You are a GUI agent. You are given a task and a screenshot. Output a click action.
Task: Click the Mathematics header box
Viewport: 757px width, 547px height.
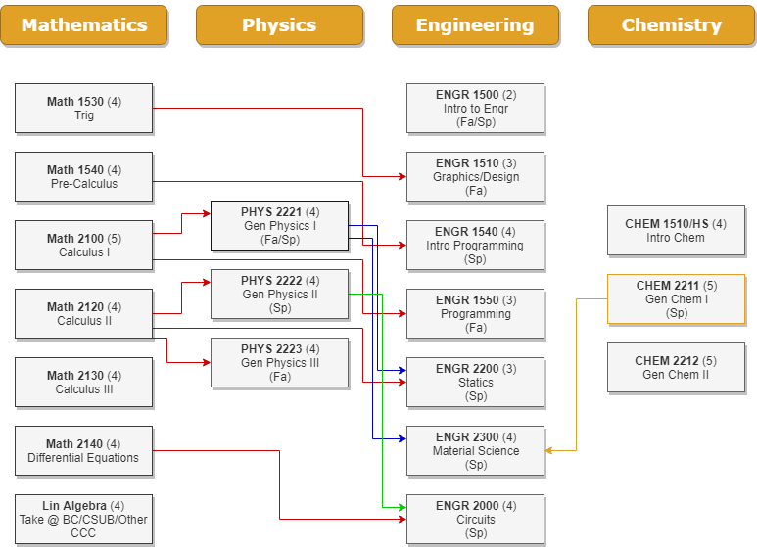84,25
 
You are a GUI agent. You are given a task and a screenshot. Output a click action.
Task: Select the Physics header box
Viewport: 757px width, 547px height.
279,25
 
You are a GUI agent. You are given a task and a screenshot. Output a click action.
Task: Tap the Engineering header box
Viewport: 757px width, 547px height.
475,25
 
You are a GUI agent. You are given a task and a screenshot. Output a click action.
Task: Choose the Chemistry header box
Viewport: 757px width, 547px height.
671,25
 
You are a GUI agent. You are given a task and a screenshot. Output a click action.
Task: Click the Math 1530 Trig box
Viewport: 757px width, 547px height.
84,108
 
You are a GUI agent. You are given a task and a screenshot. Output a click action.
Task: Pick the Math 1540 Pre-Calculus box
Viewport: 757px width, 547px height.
84,176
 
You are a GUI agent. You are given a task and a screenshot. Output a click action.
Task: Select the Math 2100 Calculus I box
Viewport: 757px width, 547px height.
84,245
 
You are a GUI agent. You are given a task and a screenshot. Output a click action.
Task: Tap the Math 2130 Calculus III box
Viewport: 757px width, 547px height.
84,382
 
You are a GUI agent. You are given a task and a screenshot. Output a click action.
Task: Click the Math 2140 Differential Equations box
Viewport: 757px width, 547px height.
84,450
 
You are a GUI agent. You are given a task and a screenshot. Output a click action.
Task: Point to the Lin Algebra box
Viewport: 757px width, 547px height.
84,519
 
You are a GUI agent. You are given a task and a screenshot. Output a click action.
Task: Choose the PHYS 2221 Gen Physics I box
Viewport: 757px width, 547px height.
280,225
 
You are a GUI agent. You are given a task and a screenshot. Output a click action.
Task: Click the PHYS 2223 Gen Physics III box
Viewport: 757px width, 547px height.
280,362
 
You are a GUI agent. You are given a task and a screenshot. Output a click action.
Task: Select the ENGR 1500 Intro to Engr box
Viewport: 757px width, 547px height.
475,108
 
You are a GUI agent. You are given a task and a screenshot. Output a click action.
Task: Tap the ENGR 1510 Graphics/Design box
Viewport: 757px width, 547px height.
475,176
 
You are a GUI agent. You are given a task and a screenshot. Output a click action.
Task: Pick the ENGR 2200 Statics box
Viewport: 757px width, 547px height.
475,382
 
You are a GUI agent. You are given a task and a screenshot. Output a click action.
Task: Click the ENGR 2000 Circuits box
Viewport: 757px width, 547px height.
475,519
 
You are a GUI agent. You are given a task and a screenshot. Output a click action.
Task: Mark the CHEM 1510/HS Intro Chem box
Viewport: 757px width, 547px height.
676,230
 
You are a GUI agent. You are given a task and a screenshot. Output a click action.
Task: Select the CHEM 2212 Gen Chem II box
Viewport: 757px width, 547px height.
676,367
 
